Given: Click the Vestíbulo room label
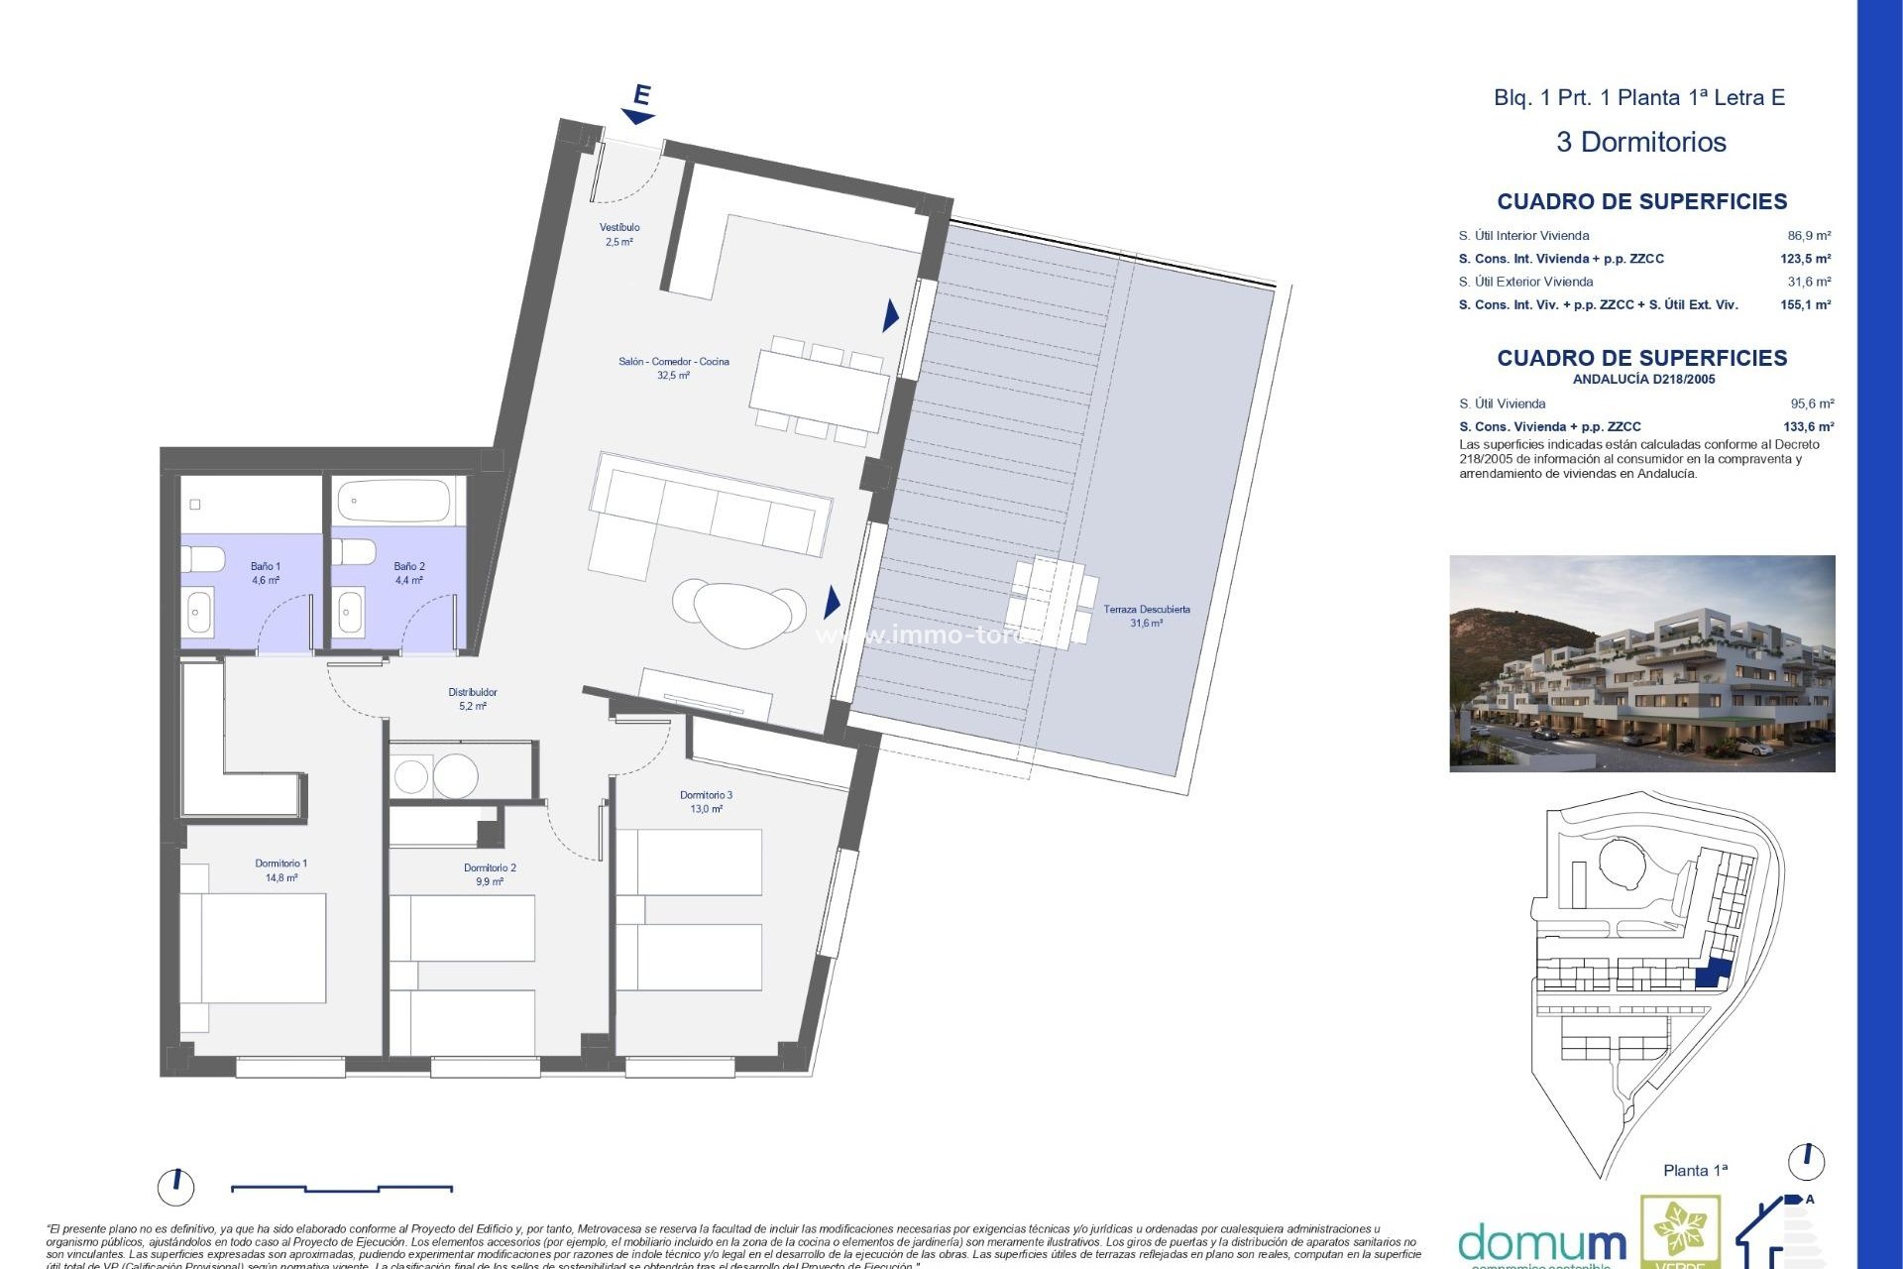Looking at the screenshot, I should point(619,234).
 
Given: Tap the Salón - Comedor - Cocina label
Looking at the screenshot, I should point(673,368).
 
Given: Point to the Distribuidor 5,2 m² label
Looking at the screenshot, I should point(473,699).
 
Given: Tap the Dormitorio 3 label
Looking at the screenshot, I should point(706,801).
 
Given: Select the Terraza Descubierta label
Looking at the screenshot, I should point(1147,616).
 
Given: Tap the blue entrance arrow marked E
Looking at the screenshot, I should point(639,105).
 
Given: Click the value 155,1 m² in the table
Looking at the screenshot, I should point(1805,305).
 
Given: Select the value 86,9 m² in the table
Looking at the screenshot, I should point(1809,236).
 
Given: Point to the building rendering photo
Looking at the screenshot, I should point(1641,663).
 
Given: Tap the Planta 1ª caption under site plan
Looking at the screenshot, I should point(1695,1171).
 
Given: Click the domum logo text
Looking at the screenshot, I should point(1541,1243).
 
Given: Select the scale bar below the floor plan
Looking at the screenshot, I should point(342,1188).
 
